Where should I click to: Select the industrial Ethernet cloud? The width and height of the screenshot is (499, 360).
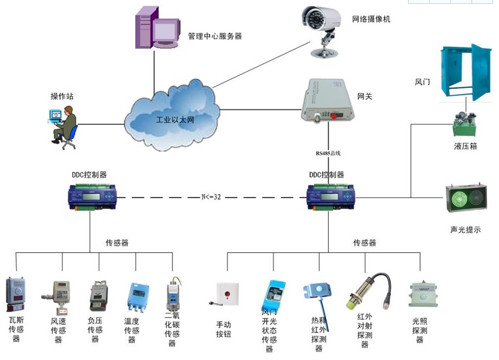tap(170, 115)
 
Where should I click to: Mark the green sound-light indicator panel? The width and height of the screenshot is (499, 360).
tap(466, 198)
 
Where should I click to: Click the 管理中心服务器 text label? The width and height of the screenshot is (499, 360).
tap(215, 37)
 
